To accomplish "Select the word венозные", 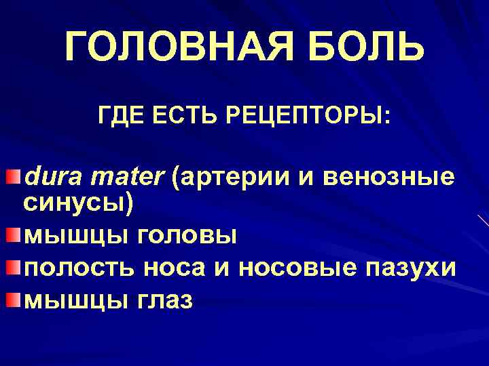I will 389,178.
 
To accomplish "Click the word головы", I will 187,236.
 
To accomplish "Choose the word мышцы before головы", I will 76,236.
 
